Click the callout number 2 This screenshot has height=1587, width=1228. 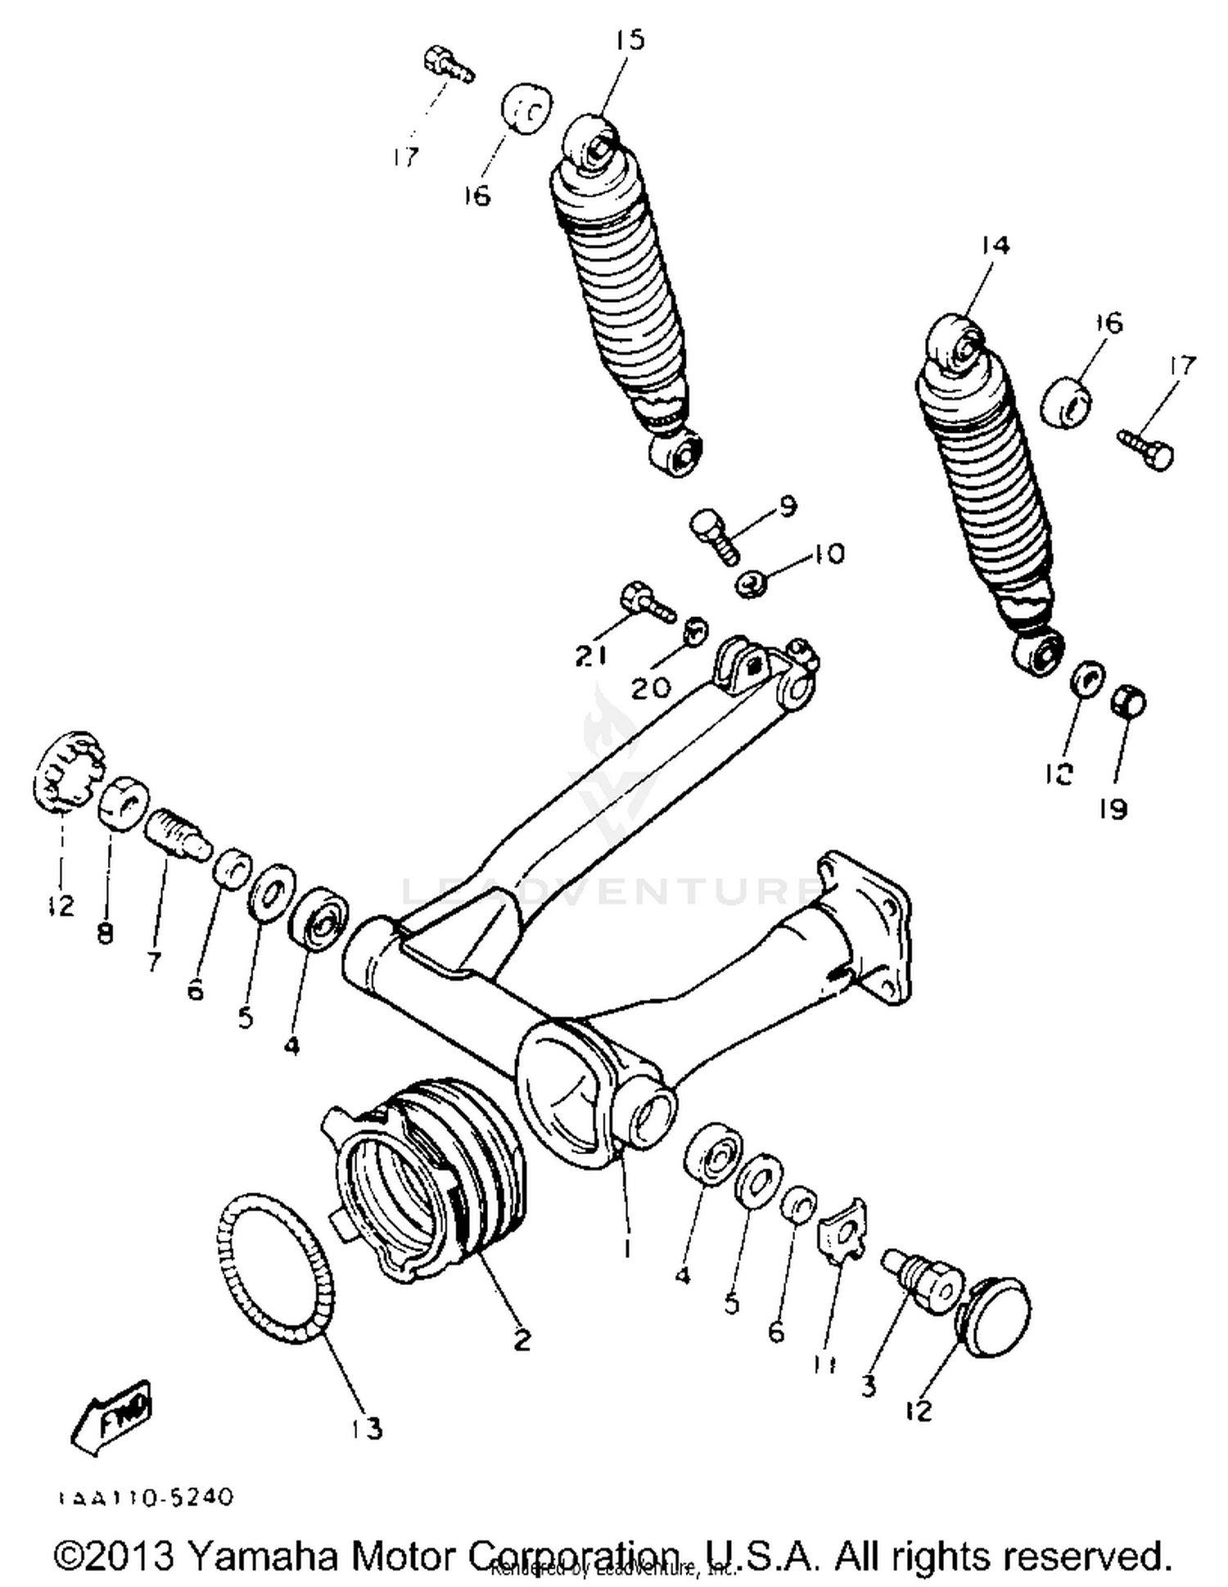point(521,1340)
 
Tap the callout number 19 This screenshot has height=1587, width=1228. point(1113,809)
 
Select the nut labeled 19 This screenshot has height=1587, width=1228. point(1128,702)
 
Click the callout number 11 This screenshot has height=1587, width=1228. point(825,1363)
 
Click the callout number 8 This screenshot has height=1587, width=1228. point(105,933)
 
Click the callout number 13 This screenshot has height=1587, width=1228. point(366,1428)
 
